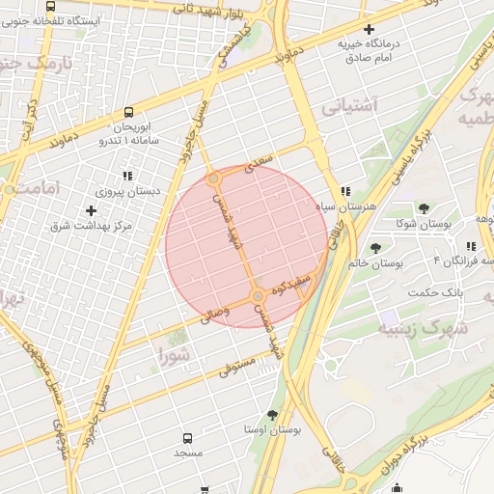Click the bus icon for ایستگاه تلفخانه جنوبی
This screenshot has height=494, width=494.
(50, 6)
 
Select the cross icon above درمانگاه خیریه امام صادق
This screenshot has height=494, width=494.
(369, 30)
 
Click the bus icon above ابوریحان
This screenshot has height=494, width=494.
(130, 112)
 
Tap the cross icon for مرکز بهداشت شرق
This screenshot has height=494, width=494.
(92, 210)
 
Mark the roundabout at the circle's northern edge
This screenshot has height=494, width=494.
(214, 179)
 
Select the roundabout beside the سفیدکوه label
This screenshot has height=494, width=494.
(258, 295)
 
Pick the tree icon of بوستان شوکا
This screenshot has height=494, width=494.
(423, 208)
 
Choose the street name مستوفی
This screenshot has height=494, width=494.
(236, 365)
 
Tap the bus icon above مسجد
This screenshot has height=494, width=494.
(187, 437)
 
